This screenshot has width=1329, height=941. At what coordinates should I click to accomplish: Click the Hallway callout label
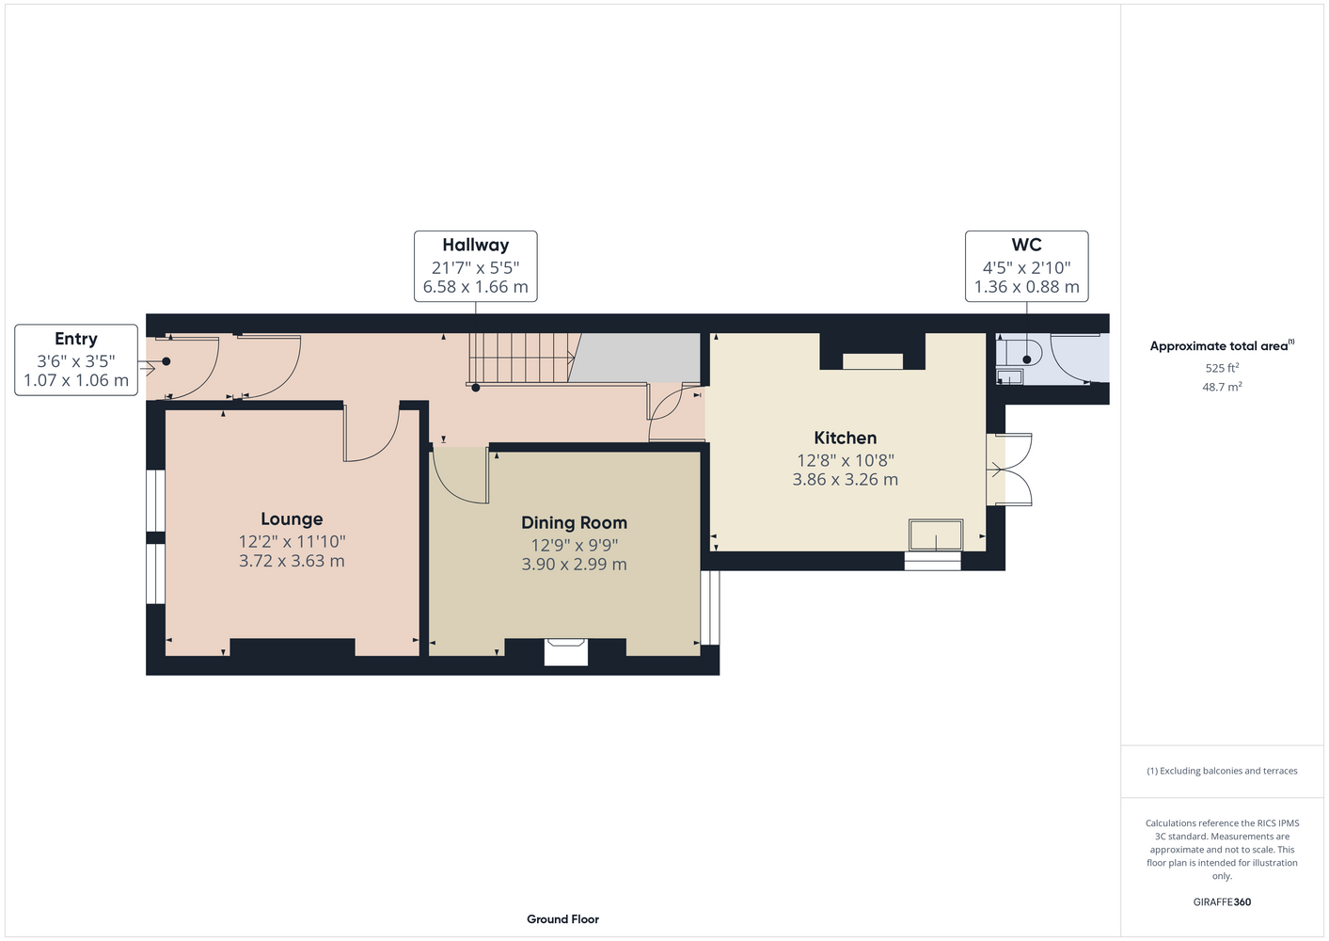click(x=475, y=266)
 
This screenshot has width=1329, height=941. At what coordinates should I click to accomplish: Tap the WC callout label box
click(x=1026, y=266)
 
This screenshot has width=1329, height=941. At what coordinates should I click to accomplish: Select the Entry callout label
click(x=76, y=359)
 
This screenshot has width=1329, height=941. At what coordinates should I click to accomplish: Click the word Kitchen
click(x=845, y=439)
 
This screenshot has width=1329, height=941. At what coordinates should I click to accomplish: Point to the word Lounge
click(x=292, y=519)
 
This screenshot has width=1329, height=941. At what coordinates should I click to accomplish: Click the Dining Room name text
click(x=574, y=523)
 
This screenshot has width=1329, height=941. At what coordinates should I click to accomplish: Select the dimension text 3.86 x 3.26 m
click(x=845, y=480)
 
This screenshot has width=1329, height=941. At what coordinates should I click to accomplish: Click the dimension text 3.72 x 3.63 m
click(x=292, y=561)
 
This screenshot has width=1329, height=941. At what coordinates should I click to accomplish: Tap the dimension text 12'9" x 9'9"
click(x=574, y=545)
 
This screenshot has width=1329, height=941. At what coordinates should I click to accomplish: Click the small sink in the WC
click(x=1010, y=375)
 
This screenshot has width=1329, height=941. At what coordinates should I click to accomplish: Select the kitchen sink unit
click(x=936, y=534)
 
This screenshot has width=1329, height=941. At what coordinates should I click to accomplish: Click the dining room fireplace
click(x=566, y=651)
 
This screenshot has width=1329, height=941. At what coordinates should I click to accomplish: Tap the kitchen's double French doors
click(x=1009, y=470)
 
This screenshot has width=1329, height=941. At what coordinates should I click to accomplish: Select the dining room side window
click(x=710, y=607)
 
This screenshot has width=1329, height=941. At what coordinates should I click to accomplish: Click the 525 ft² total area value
click(x=1222, y=368)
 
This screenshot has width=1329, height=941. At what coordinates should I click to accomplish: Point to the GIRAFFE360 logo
click(x=1222, y=901)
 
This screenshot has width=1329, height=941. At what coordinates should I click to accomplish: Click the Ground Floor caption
click(x=562, y=919)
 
